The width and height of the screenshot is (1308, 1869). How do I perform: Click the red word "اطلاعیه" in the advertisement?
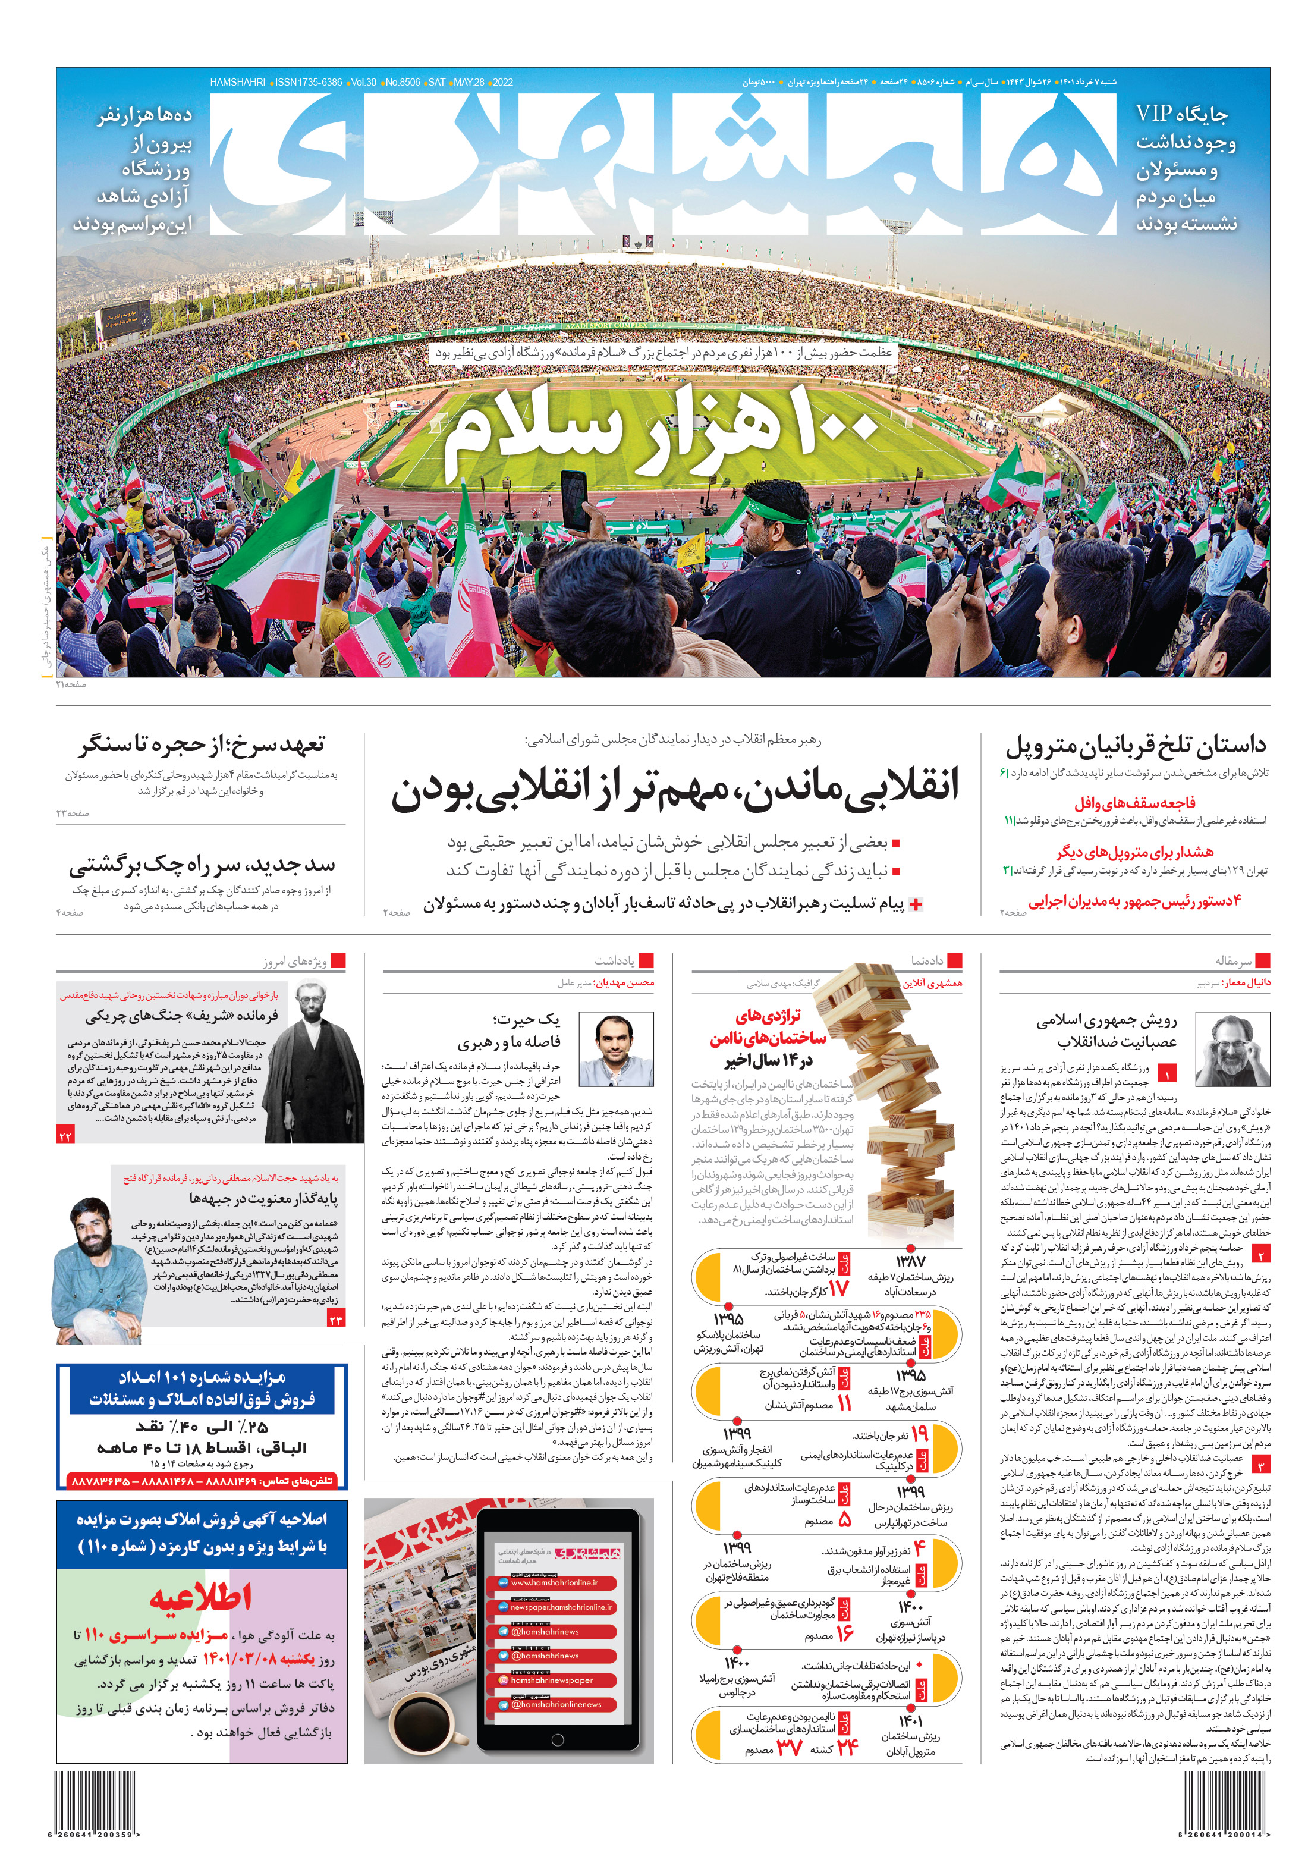[200, 1597]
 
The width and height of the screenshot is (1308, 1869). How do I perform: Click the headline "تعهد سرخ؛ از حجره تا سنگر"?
[202, 744]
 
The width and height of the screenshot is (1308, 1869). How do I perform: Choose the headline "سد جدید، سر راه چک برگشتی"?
[202, 865]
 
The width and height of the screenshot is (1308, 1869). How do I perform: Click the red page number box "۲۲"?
[66, 1136]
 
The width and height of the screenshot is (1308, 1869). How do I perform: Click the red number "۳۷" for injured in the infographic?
[790, 1748]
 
